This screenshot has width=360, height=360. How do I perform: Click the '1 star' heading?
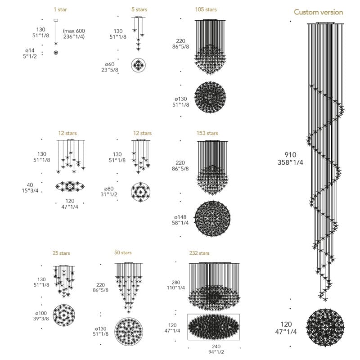pos(60,9)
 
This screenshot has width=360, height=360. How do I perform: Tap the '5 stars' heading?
pos(139,9)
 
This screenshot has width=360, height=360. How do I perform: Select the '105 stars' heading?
pos(206,9)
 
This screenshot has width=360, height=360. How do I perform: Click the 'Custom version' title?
pos(319,12)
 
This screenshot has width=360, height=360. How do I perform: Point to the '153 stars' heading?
pos(207,133)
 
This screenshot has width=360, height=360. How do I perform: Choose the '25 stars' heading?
pos(61,253)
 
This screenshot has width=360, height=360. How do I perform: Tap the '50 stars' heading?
pos(123,252)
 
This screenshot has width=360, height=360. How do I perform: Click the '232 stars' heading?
pos(199,253)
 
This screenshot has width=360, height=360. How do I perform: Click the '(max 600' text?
pos(74,31)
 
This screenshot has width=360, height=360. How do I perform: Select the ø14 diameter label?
pos(30,50)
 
